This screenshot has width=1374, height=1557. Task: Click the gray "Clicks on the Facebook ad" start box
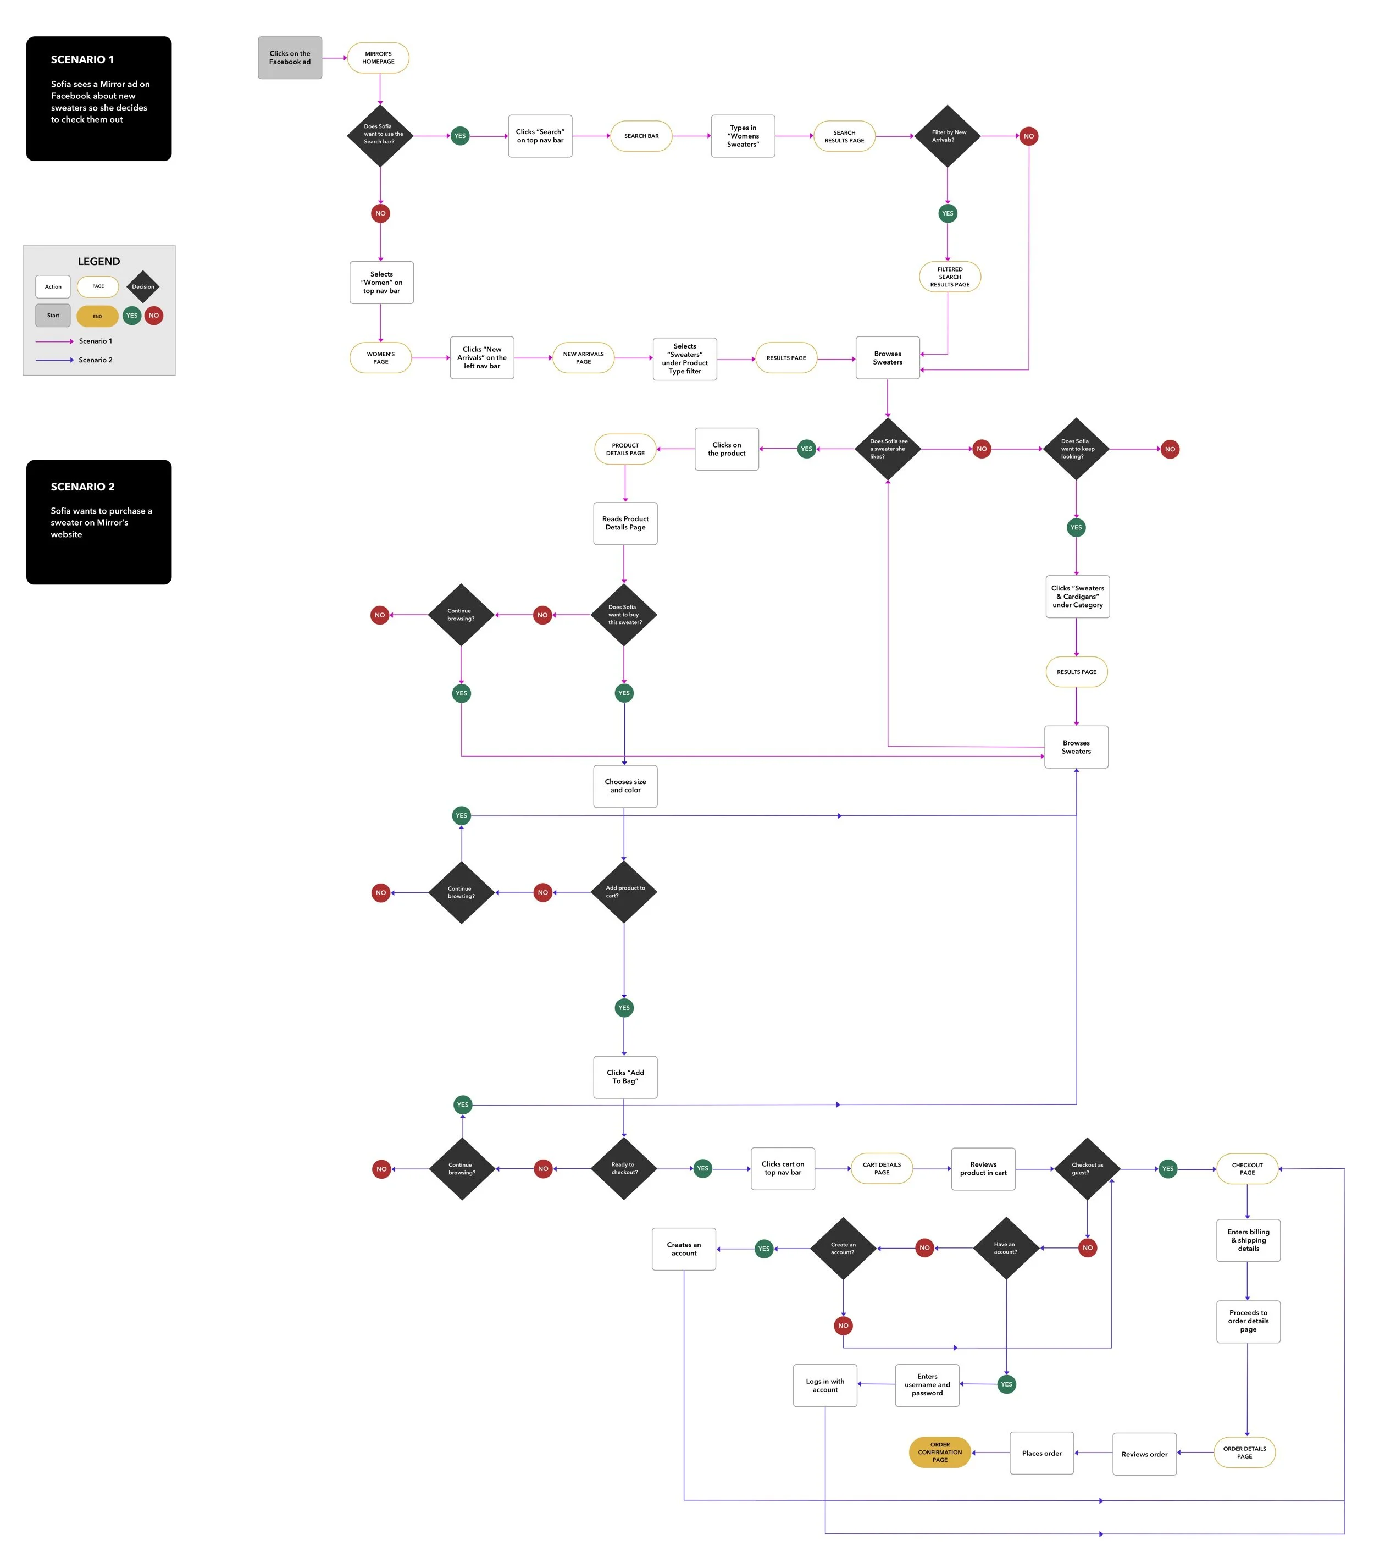290,58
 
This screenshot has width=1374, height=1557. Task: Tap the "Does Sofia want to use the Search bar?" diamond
380,136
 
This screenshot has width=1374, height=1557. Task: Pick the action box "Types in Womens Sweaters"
743,136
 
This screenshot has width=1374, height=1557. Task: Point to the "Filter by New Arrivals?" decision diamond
947,136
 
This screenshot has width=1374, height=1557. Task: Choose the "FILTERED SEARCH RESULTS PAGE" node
949,277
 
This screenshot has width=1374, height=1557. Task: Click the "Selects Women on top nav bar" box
381,283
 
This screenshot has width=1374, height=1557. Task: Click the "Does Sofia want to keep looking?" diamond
1076,449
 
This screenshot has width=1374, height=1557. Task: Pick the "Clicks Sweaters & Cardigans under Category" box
1077,597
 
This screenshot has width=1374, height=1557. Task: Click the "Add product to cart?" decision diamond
624,892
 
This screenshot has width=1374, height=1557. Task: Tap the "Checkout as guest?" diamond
1087,1168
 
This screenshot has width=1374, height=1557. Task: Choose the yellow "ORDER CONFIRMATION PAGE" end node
939,1452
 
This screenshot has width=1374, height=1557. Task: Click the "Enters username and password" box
927,1385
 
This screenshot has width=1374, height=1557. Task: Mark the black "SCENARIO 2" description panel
99,522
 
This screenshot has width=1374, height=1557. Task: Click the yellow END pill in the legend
97,316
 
